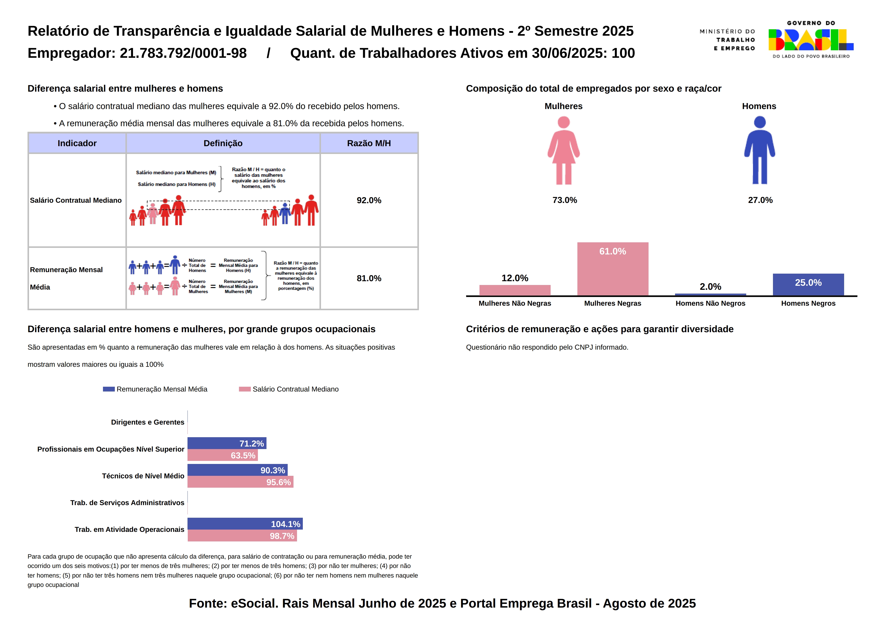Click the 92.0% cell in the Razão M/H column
pyautogui.click(x=369, y=200)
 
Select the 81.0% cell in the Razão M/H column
pyautogui.click(x=369, y=278)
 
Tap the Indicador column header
pyautogui.click(x=77, y=143)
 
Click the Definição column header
pyautogui.click(x=223, y=143)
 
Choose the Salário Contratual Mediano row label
pyautogui.click(x=75, y=200)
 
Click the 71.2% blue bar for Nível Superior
pyautogui.click(x=227, y=443)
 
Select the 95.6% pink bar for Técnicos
pyautogui.click(x=240, y=482)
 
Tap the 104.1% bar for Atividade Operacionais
pyautogui.click(x=245, y=524)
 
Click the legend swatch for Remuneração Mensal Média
pyautogui.click(x=109, y=389)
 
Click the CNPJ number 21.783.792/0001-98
pyautogui.click(x=183, y=53)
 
